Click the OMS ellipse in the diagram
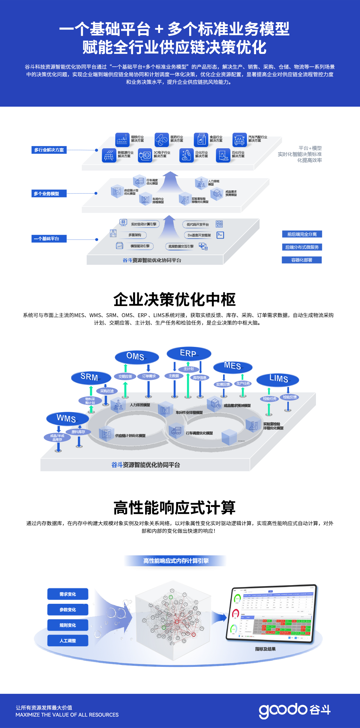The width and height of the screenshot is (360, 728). [137, 357]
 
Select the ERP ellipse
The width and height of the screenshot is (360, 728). [189, 354]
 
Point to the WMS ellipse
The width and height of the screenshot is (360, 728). [67, 419]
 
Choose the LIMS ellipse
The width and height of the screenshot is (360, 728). [278, 379]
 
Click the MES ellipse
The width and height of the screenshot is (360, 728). [233, 367]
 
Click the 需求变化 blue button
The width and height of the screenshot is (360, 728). [68, 594]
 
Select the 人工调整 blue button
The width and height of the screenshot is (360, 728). [68, 641]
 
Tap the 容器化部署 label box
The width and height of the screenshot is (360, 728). [302, 260]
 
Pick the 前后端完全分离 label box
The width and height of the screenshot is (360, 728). [302, 234]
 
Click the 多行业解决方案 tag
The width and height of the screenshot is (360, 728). [49, 150]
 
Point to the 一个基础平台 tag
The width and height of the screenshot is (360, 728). [49, 239]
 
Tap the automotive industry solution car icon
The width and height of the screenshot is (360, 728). [239, 139]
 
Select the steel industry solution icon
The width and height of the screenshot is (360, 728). [122, 139]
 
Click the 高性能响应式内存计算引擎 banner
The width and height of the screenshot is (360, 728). [176, 561]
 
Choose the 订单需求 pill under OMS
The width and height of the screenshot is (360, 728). [149, 376]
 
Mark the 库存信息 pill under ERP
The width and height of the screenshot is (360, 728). [200, 378]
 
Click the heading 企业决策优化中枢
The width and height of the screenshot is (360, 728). [175, 300]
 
